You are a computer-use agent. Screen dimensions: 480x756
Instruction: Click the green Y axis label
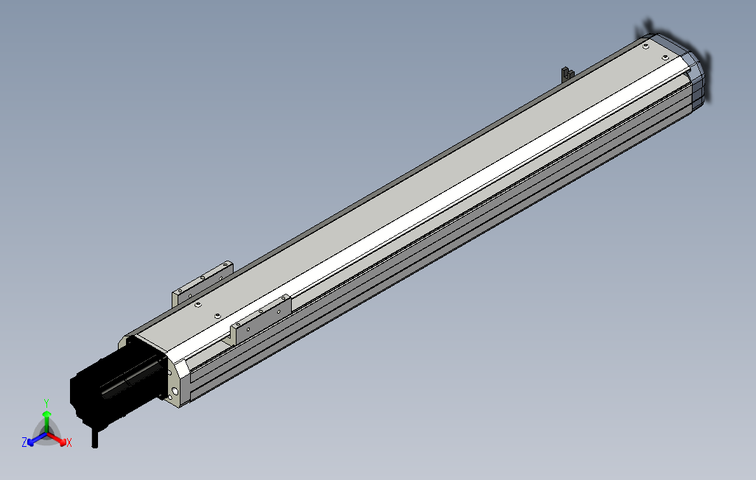pyautogui.click(x=46, y=403)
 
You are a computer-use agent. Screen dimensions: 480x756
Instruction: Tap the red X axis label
pyautogui.click(x=69, y=442)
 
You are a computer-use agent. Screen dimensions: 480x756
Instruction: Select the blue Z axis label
pyautogui.click(x=24, y=442)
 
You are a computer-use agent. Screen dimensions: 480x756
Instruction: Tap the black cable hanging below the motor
pyautogui.click(x=94, y=437)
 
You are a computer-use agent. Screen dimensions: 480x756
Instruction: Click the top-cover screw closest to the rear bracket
pyautogui.click(x=198, y=303)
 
